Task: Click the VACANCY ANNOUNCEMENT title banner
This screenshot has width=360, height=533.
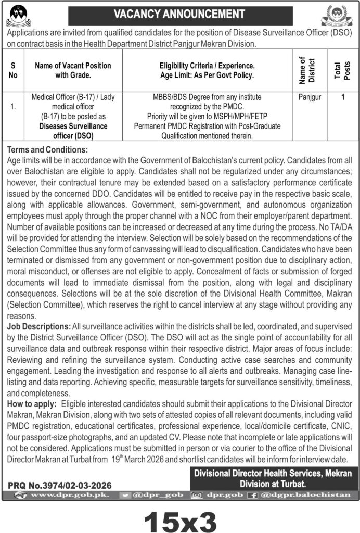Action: pos(179,12)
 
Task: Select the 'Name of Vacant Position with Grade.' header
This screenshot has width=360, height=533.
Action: pos(73,70)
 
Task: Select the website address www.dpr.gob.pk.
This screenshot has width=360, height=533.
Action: pos(68,495)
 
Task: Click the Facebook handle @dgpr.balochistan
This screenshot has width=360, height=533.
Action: pos(304,495)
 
